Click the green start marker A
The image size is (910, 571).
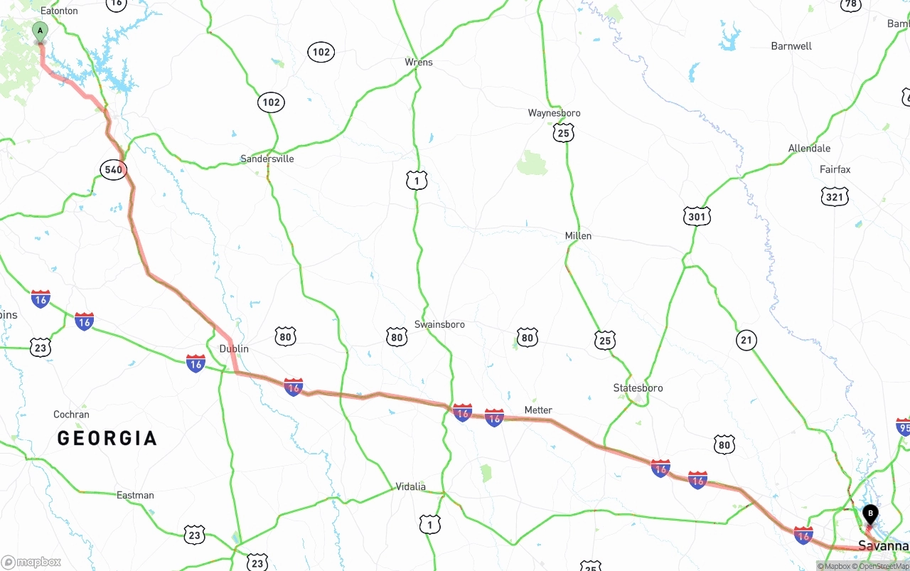[x=41, y=31]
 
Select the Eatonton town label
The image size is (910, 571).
[x=59, y=11]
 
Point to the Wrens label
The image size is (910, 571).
[x=419, y=62]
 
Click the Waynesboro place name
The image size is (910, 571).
[x=554, y=113]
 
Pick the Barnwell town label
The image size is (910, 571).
[x=791, y=46]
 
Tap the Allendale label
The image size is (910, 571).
[x=809, y=149]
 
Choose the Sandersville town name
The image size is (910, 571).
[x=267, y=159]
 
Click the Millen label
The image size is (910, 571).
[x=578, y=235]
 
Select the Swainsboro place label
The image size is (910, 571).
[x=439, y=324]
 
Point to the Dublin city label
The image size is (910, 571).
[x=234, y=348]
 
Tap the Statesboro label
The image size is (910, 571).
[x=638, y=388]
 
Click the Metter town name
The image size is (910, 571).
[x=538, y=410]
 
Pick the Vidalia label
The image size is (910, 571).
[x=410, y=486]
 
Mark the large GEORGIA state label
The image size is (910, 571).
[x=107, y=438]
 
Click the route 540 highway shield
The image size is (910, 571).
[x=113, y=169]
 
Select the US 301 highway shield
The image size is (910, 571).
[x=697, y=216]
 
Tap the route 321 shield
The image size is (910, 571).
[x=834, y=197]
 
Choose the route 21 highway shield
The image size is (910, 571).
[x=746, y=341]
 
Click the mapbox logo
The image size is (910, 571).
[x=31, y=562]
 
